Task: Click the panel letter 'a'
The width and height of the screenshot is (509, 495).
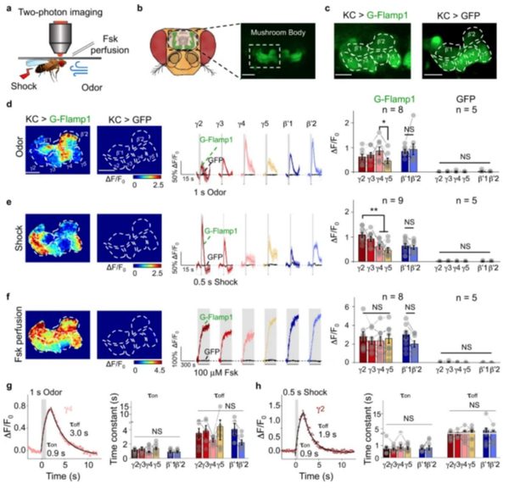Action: tap(7, 7)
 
